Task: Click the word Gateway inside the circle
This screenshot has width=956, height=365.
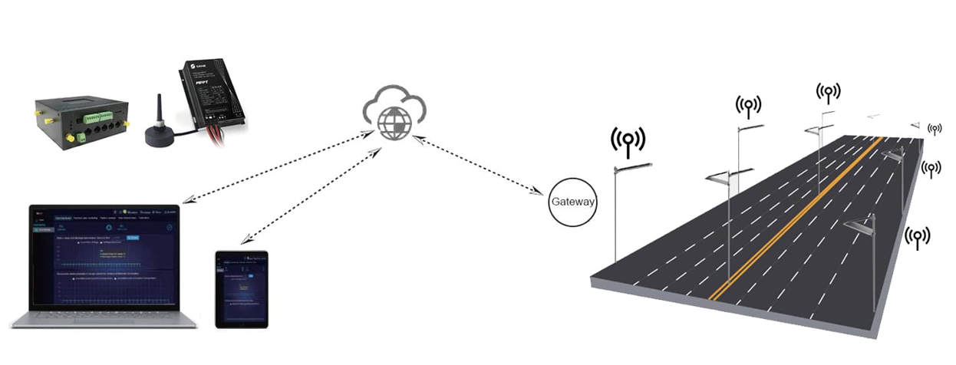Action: point(572,202)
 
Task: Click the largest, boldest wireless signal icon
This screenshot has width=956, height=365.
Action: point(628,140)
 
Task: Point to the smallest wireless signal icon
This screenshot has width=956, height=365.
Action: point(935,129)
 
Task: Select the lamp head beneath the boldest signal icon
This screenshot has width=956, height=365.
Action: point(634,167)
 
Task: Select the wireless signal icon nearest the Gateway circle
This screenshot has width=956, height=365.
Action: point(628,140)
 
